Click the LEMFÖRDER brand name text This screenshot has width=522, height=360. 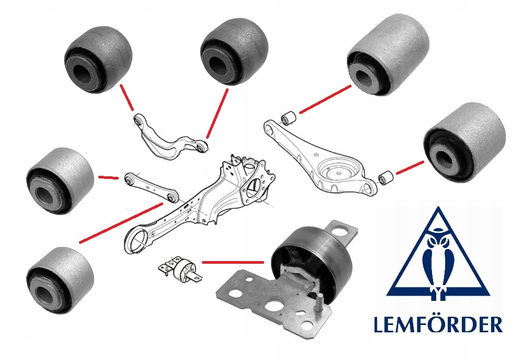(x=438, y=325)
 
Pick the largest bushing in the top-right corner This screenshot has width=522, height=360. (x=388, y=54)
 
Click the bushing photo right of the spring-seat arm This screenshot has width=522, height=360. (x=465, y=142)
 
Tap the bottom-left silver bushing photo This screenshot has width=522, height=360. (x=60, y=280)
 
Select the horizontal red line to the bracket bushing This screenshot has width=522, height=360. (x=233, y=263)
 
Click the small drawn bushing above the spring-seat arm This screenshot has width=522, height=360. (x=288, y=118)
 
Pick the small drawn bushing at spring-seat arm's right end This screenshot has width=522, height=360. (x=386, y=177)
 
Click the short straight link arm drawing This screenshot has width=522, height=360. (x=152, y=186)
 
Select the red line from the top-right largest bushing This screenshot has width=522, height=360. (x=325, y=99)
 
